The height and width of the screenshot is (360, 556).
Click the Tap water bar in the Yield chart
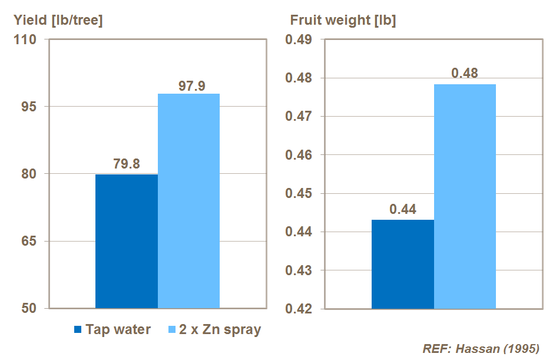tap(126, 241)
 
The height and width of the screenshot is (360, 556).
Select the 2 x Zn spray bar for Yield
tap(188, 201)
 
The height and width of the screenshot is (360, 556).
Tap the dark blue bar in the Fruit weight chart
tap(403, 264)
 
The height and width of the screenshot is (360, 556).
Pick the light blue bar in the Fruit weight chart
tap(465, 196)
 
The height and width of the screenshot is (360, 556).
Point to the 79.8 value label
tap(127, 164)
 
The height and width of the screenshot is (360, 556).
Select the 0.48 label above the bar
tap(465, 74)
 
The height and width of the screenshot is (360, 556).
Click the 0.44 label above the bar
tap(403, 209)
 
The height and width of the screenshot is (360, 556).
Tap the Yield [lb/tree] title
tap(58, 20)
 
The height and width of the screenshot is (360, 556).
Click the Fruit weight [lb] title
tap(343, 20)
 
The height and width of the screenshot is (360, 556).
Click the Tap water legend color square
tap(78, 330)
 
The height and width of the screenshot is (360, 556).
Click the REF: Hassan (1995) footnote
tap(481, 348)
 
